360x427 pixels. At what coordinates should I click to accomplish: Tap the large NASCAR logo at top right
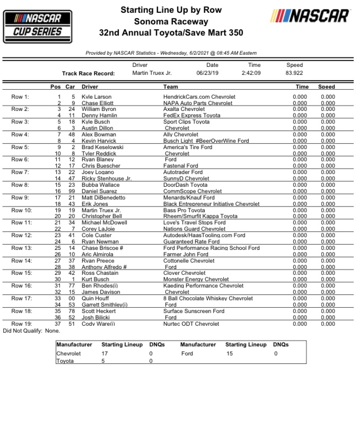point(310,16)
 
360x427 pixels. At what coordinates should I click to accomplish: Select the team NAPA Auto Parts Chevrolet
point(198,103)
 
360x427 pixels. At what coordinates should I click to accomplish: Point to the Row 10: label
point(22,211)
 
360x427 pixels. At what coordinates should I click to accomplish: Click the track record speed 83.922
point(294,73)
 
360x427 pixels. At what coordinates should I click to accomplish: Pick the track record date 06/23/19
point(208,73)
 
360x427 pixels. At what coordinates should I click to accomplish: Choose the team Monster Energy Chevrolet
point(196,280)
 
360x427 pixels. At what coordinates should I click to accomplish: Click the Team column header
point(171,86)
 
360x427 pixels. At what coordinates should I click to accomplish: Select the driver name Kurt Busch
point(95,280)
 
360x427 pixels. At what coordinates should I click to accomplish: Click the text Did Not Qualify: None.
point(31,330)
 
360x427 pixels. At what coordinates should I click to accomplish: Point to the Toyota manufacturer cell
point(65,361)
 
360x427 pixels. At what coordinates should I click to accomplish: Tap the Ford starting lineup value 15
point(229,353)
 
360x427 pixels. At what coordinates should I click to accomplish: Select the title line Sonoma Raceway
point(171,22)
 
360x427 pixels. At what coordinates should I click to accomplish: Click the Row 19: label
point(22,324)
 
